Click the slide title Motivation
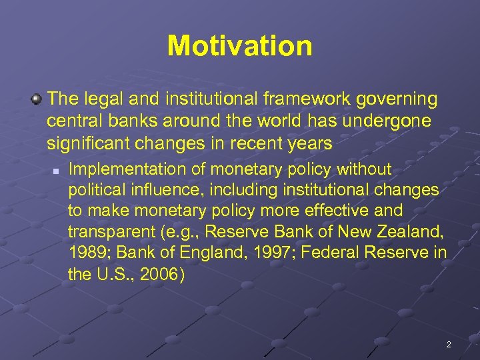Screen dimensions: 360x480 239,46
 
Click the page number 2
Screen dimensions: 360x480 449,345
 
